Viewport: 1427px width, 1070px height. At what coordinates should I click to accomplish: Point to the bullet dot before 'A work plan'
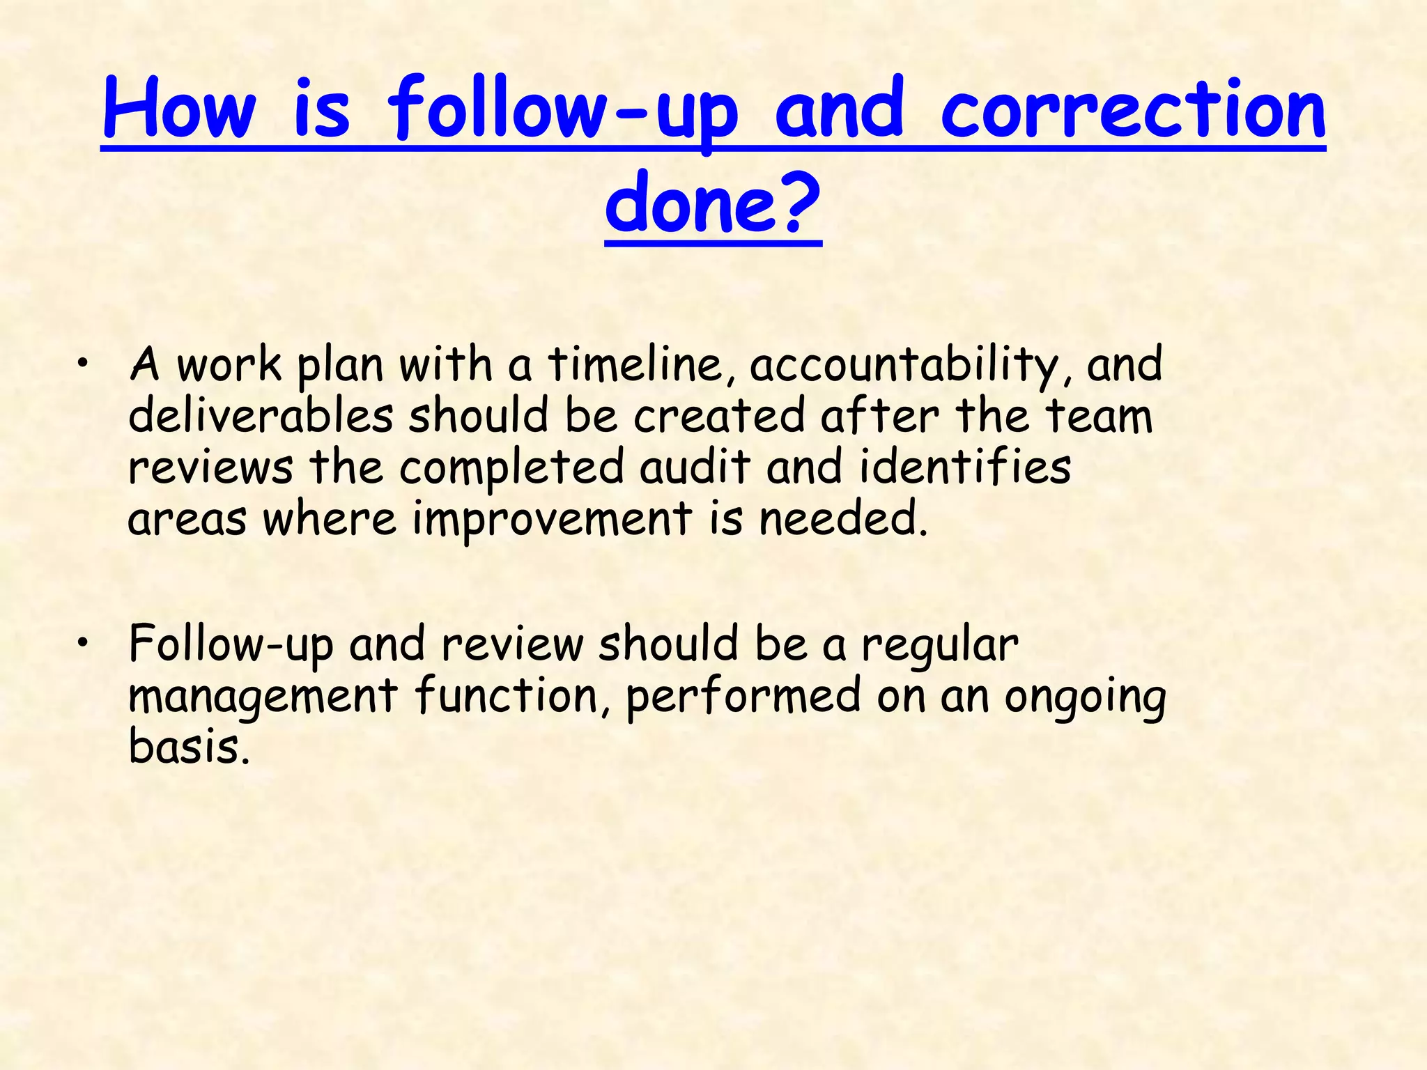pos(83,362)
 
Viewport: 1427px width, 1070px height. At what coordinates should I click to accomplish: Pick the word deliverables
pos(261,416)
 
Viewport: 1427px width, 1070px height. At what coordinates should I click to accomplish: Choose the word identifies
pos(965,467)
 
